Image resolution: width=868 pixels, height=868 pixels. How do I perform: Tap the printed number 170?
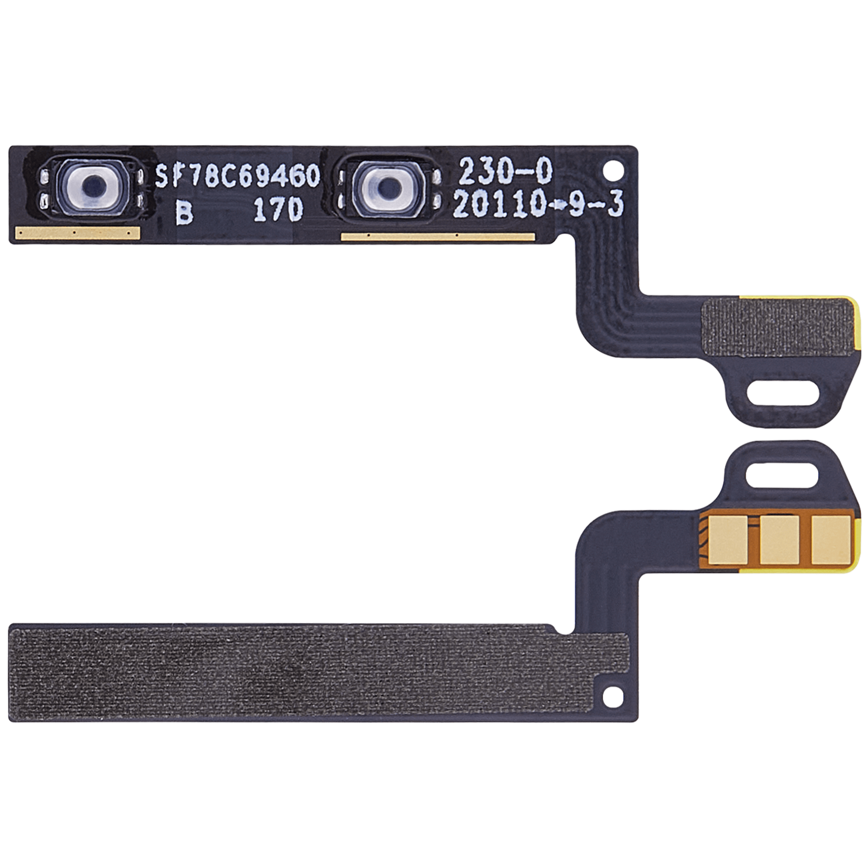278,210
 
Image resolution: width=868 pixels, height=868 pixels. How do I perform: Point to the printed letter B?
184,211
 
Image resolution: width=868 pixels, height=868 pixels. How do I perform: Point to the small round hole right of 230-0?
612,170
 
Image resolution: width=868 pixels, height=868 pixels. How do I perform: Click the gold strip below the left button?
78,233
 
